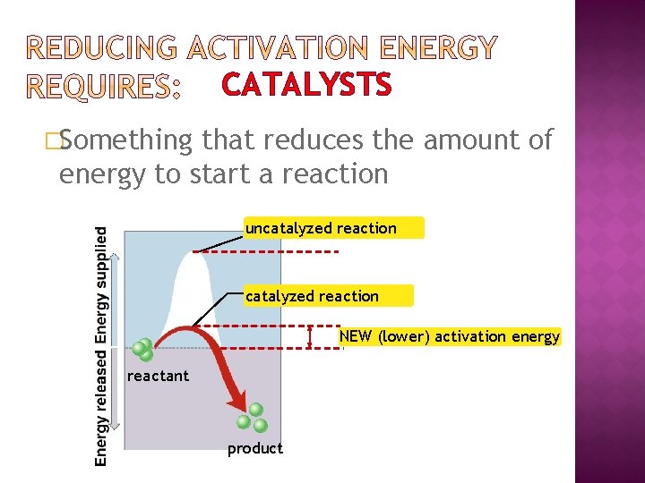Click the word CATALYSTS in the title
pyautogui.click(x=306, y=85)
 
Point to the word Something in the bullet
pyautogui.click(x=125, y=140)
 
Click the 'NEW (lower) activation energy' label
pyautogui.click(x=449, y=336)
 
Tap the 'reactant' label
pyautogui.click(x=159, y=376)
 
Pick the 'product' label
pyautogui.click(x=255, y=448)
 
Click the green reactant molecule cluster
pyautogui.click(x=142, y=349)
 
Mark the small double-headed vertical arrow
pyautogui.click(x=309, y=336)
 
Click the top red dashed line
pyautogui.click(x=269, y=251)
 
